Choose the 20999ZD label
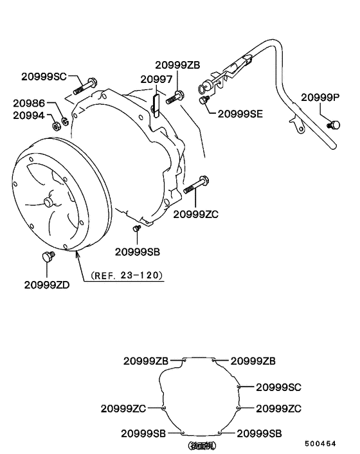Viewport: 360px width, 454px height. [x=47, y=284]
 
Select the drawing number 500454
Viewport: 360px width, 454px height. [x=328, y=444]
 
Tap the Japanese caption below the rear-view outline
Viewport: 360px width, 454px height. [x=201, y=445]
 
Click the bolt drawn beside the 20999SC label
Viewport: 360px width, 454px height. [x=85, y=84]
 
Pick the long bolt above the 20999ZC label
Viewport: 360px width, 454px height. [x=196, y=185]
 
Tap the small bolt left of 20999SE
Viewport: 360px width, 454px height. [x=204, y=100]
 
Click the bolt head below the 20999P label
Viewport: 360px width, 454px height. [x=334, y=124]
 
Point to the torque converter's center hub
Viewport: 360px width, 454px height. [x=48, y=202]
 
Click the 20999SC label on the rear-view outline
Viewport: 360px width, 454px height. [x=278, y=387]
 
